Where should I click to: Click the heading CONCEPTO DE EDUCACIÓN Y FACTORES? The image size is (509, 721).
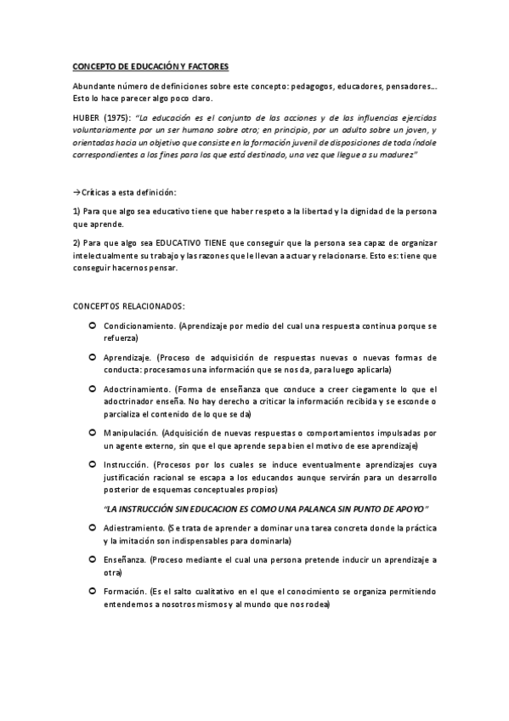(149, 66)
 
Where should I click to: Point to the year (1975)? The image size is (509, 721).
(116, 116)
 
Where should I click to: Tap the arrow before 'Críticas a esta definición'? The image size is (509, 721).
(75, 193)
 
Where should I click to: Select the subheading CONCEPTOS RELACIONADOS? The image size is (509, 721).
(127, 305)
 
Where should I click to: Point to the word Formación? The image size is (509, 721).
(124, 590)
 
